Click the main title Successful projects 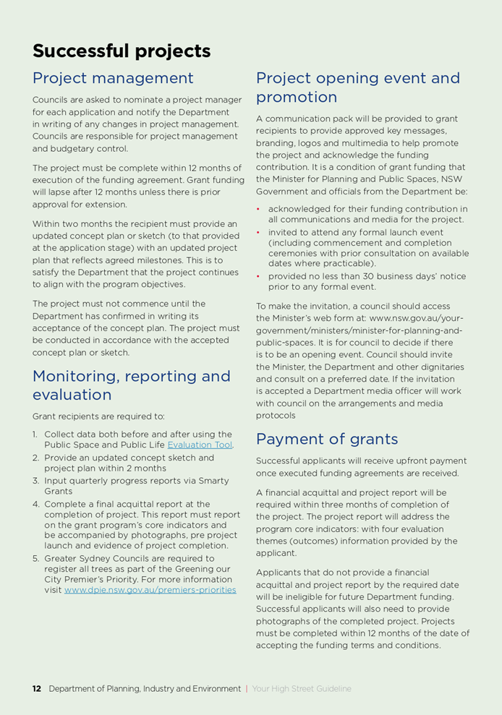pos(122,51)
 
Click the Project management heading pos(113,78)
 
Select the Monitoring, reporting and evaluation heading pos(131,385)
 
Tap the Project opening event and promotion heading pos(357,87)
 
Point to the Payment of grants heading pos(327,439)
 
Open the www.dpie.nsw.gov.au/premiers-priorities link pos(150,590)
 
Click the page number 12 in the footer pos(36,689)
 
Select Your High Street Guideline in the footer pos(302,689)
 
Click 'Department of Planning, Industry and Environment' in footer pos(145,689)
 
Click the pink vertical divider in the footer pos(247,689)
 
